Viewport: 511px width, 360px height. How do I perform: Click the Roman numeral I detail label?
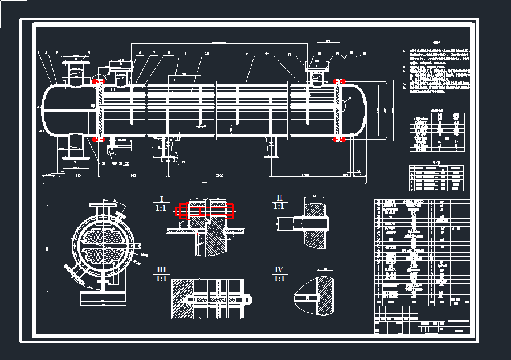[x=162, y=199]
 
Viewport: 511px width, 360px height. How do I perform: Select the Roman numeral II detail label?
[x=279, y=198]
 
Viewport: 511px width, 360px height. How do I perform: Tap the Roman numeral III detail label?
[x=162, y=269]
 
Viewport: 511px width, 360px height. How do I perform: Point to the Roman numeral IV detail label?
[x=279, y=269]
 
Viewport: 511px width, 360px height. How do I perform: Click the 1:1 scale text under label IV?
[x=279, y=279]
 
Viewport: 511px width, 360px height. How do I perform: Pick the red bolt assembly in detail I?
[x=206, y=211]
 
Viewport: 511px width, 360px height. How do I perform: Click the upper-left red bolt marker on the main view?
[x=99, y=82]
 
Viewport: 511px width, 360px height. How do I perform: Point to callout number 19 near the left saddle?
[x=183, y=162]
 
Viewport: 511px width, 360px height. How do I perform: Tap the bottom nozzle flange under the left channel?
[x=76, y=162]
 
